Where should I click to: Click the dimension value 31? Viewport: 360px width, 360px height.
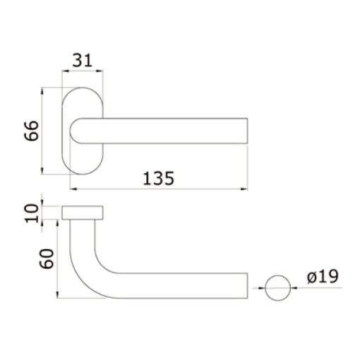coord(83,60)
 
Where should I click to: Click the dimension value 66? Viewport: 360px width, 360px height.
coord(30,131)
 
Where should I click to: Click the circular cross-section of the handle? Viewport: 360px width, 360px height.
coord(277,289)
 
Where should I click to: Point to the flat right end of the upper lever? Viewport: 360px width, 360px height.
coord(248,131)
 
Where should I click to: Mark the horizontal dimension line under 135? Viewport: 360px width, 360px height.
coord(158,189)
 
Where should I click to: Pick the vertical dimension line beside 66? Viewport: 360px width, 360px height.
coord(43,131)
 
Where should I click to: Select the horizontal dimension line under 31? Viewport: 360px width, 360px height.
coord(83,71)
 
